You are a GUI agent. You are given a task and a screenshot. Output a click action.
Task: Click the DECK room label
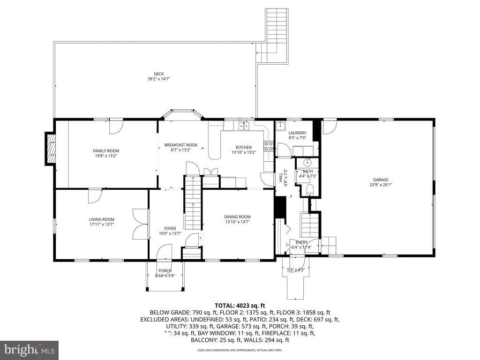pos(159,74)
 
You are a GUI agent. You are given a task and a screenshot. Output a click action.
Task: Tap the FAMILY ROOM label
pos(105,150)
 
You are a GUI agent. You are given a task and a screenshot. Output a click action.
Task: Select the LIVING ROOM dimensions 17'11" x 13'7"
pos(102,225)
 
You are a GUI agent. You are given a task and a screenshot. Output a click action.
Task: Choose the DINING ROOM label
pos(238,217)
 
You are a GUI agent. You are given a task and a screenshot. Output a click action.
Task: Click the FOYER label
pos(170,228)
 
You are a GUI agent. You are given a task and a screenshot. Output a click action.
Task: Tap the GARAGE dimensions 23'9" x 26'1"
pos(381,185)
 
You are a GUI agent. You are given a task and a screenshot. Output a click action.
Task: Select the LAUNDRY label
pos(297,133)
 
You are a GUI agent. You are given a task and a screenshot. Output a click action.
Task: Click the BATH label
pos(307,171)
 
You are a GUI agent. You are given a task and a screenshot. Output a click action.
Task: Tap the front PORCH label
pos(165,270)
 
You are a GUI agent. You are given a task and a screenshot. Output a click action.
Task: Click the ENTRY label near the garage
pos(301,242)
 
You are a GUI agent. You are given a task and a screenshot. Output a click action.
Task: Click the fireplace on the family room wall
pos(50,149)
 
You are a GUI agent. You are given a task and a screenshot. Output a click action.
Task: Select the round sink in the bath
pos(307,163)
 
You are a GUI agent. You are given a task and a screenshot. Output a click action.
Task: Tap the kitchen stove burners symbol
pos(269,146)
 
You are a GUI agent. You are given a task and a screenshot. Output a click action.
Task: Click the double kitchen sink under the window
pos(243,126)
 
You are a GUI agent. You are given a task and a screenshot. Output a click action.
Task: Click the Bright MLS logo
pos(29,349)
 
